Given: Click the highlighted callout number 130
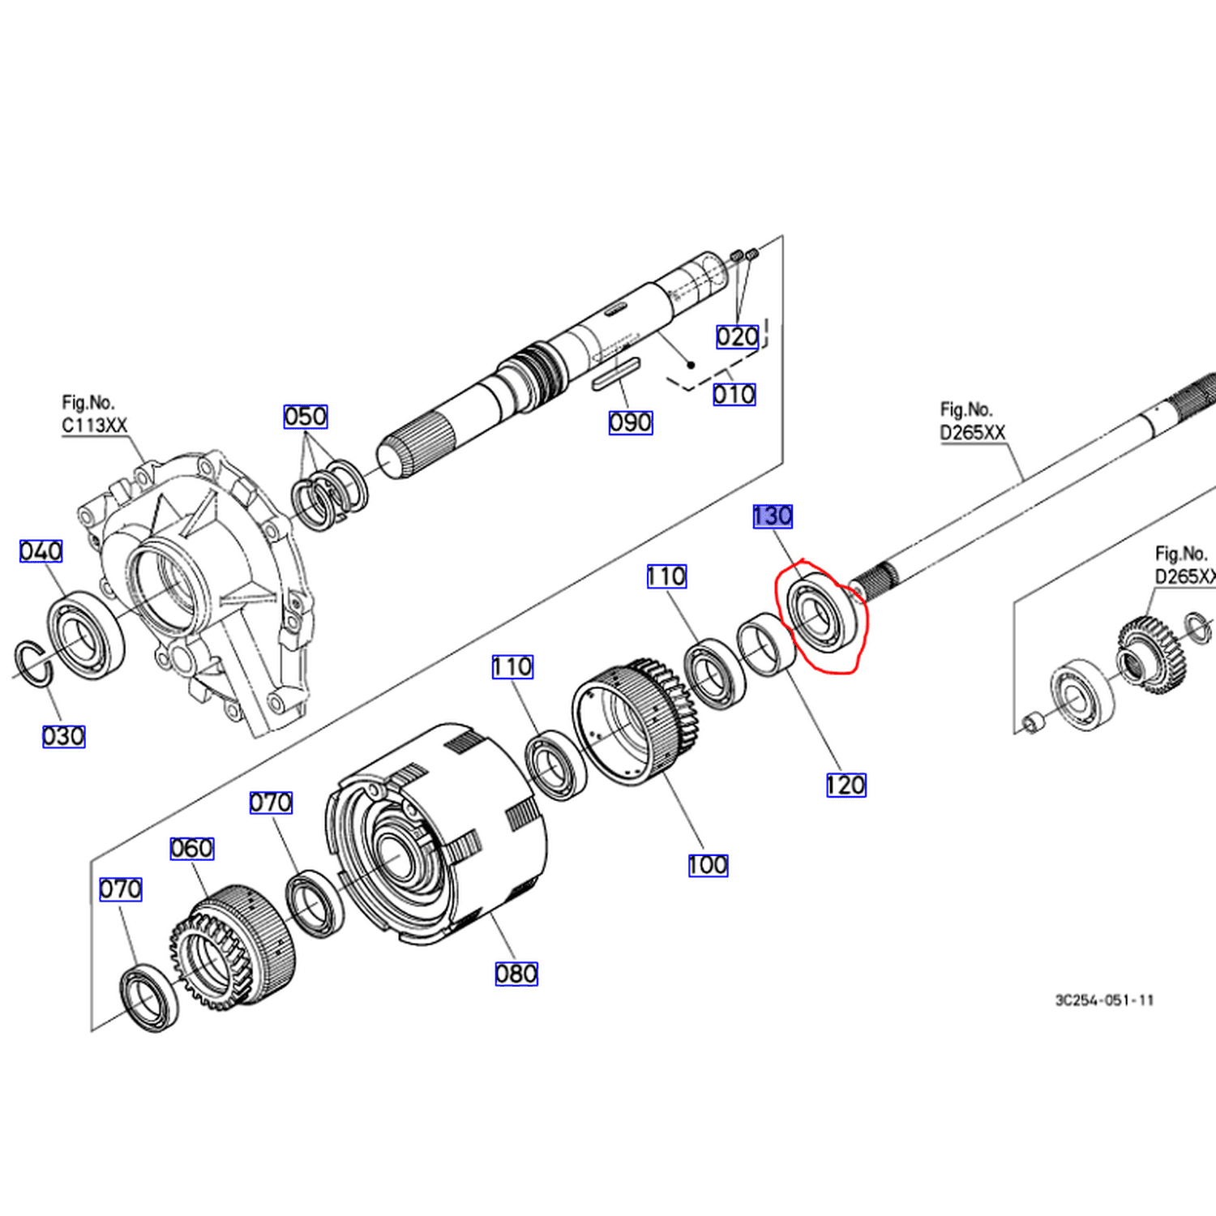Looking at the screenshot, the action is (x=773, y=516).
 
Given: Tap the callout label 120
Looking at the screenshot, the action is (x=846, y=785).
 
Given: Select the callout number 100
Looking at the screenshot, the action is (x=708, y=865).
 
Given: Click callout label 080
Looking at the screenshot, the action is (x=516, y=974).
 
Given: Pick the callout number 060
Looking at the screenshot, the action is (x=192, y=849).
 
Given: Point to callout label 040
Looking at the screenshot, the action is (x=41, y=551).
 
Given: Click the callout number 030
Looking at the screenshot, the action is (x=63, y=737).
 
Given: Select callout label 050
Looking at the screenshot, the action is (x=306, y=417).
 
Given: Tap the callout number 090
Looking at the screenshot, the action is (x=631, y=422).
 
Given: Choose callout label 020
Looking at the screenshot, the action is (x=738, y=336).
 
